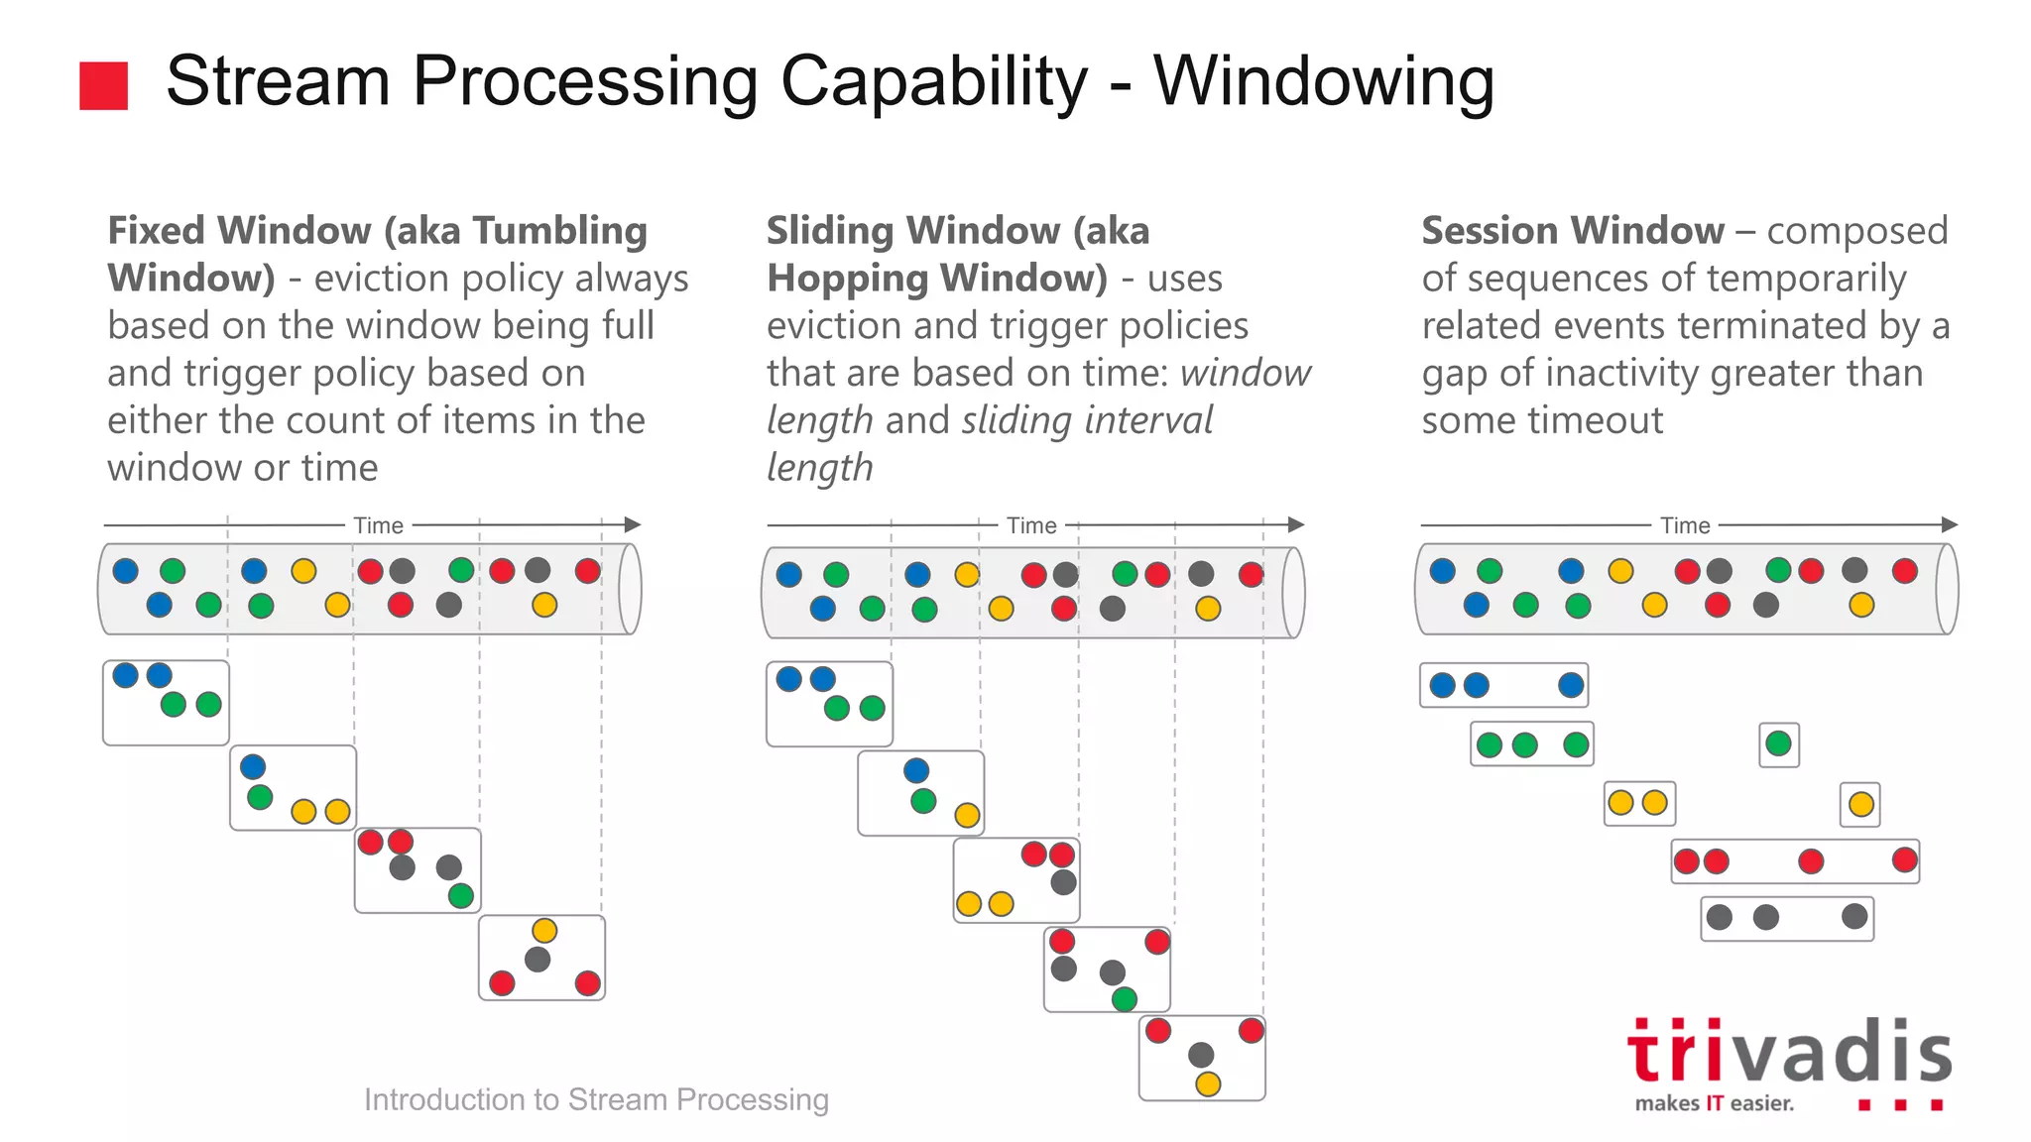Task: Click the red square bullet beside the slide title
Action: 103,85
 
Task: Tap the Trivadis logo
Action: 1789,1053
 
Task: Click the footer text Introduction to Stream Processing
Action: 596,1099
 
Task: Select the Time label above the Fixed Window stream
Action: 378,525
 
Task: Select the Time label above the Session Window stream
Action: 1685,525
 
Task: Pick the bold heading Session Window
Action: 1572,231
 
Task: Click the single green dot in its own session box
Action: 1778,743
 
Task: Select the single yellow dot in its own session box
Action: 1860,804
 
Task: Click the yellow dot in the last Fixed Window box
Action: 544,930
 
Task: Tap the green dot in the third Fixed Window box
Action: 460,896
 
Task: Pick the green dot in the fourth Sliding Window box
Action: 1124,998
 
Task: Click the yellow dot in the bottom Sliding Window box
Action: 1207,1084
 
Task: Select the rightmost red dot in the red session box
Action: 1904,859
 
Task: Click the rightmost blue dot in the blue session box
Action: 1570,685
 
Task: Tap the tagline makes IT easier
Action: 1714,1103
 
